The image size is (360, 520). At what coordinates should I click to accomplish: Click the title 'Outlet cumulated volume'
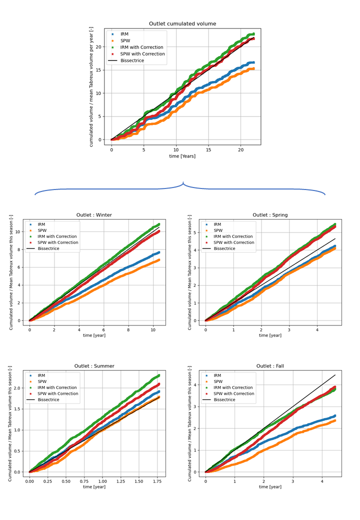click(x=182, y=23)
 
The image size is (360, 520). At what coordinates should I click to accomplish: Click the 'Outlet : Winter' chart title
click(x=94, y=215)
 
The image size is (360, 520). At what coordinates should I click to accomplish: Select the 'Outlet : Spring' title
click(x=270, y=215)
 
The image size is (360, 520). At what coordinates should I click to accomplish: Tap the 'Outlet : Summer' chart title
click(x=94, y=366)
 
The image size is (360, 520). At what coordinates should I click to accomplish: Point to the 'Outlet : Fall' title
click(x=270, y=366)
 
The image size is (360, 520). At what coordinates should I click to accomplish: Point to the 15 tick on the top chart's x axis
click(x=208, y=149)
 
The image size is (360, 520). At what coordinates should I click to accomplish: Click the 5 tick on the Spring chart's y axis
click(x=197, y=232)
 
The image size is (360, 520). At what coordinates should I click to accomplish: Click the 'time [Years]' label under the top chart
click(x=182, y=156)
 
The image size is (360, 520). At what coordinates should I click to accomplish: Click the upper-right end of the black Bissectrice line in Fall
click(x=335, y=375)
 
